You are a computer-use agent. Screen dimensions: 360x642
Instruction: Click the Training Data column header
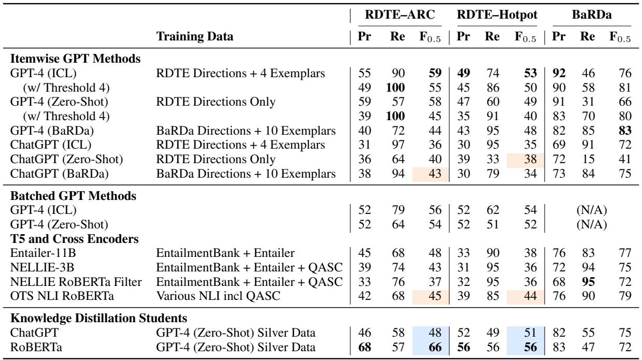[195, 37]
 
